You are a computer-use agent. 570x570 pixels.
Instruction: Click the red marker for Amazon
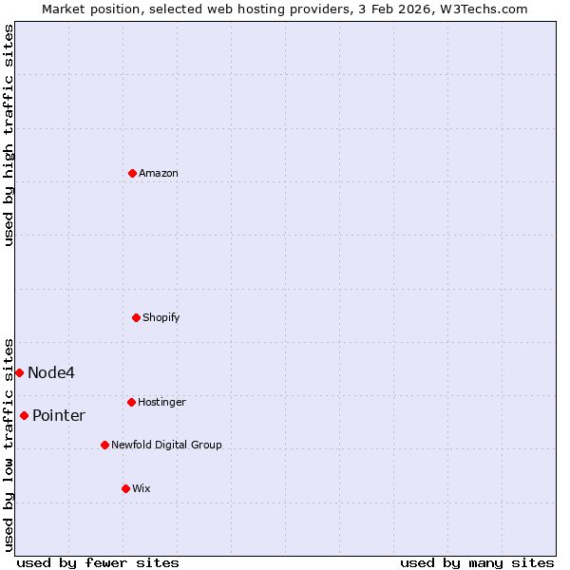[132, 173]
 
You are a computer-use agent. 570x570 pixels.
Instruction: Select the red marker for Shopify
[136, 317]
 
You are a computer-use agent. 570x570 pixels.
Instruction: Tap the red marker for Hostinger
[131, 402]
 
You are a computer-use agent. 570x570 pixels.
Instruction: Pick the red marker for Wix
[125, 488]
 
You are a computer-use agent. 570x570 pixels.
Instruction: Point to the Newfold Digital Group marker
[104, 445]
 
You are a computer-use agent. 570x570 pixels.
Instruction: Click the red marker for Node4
[19, 372]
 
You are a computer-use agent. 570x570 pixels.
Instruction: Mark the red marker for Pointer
[24, 415]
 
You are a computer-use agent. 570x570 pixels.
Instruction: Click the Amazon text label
[159, 173]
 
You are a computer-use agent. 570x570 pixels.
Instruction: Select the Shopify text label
[161, 317]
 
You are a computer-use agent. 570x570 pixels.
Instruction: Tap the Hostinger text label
[161, 402]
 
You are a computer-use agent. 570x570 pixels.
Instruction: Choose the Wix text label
[142, 488]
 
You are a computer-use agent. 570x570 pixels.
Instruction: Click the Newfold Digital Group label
[166, 445]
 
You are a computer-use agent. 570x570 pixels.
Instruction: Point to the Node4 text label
[51, 372]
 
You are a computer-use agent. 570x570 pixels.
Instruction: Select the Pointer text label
[59, 415]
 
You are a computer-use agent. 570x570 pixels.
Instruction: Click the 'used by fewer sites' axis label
[98, 562]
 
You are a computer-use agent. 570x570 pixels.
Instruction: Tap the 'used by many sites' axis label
[477, 562]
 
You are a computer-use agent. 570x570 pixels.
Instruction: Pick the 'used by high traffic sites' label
[9, 135]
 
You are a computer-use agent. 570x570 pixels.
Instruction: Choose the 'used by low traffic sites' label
[9, 444]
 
